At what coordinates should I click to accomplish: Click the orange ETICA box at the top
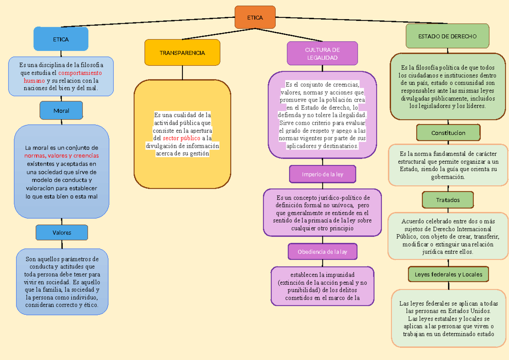[x=255, y=17]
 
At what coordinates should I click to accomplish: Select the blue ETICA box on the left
[x=61, y=39]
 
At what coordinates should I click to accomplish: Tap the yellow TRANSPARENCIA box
[x=182, y=53]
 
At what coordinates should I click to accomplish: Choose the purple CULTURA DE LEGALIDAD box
[x=322, y=54]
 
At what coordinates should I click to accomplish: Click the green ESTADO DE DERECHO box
[x=447, y=36]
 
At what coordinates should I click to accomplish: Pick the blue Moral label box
[x=61, y=111]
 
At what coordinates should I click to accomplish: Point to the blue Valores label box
[x=62, y=232]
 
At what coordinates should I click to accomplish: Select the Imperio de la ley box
[x=322, y=174]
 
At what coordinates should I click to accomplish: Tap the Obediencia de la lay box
[x=322, y=251]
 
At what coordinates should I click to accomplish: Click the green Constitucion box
[x=448, y=133]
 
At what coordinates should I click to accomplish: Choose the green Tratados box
[x=448, y=200]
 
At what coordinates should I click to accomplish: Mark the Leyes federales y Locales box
[x=448, y=274]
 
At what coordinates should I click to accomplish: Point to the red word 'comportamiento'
[x=83, y=73]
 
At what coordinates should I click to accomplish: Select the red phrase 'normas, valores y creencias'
[x=62, y=156]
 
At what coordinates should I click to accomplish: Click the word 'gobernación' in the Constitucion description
[x=448, y=177]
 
